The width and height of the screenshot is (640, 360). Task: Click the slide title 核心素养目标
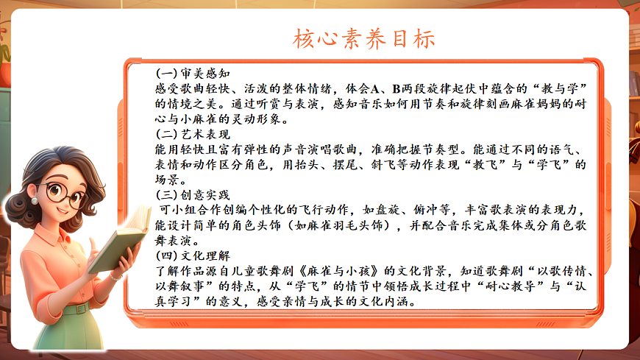coord(364,38)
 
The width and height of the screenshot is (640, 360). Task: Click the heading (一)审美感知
coord(193,74)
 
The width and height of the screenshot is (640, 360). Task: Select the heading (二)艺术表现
coord(193,135)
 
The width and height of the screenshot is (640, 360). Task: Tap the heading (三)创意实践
coord(193,195)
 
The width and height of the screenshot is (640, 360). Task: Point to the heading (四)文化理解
coord(193,255)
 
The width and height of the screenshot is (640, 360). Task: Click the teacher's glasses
coord(64,194)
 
